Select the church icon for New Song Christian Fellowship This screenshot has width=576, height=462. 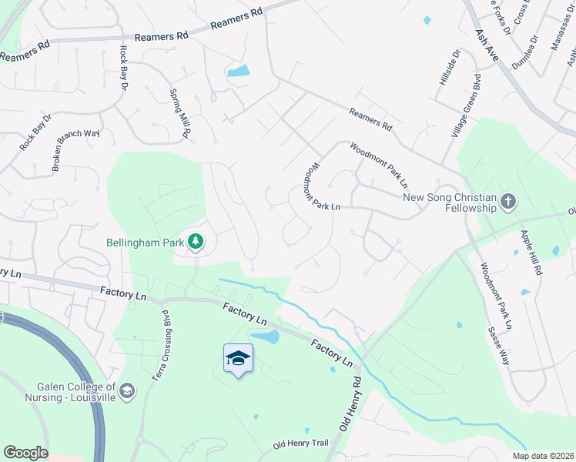(x=507, y=202)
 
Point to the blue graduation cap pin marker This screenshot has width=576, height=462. (x=239, y=359)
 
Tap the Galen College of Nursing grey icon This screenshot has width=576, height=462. (x=128, y=392)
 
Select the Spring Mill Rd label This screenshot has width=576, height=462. (x=179, y=113)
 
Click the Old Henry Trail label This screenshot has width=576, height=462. (x=301, y=445)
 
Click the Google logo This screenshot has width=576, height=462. (x=25, y=453)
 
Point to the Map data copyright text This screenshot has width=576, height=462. (x=542, y=456)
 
